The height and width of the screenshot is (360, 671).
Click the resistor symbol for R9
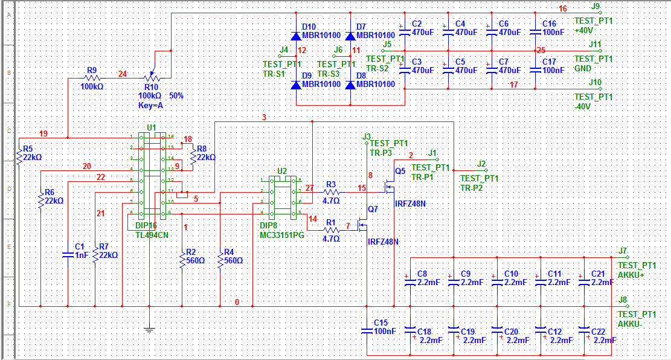pyautogui.click(x=92, y=78)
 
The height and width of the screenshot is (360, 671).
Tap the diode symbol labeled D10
pyautogui.click(x=296, y=36)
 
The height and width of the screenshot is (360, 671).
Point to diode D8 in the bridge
pyautogui.click(x=350, y=85)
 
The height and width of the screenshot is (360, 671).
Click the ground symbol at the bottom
pyautogui.click(x=149, y=329)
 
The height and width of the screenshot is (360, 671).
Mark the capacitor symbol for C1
pyautogui.click(x=68, y=254)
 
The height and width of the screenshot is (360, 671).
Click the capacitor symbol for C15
pyautogui.click(x=367, y=330)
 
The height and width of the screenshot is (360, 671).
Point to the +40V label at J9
pyautogui.click(x=585, y=30)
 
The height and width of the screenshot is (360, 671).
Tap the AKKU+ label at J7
pyautogui.click(x=631, y=275)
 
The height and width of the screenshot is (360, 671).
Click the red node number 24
pyautogui.click(x=123, y=74)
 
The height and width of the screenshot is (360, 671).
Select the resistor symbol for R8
pyautogui.click(x=193, y=157)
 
